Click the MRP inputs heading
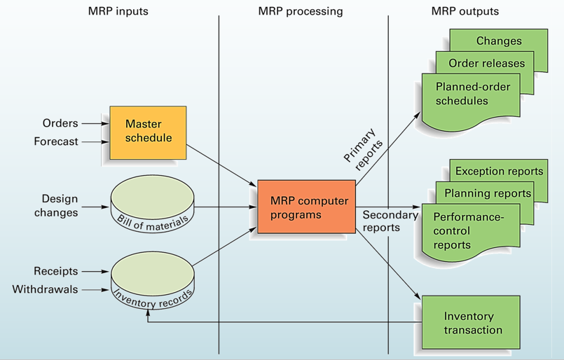118,11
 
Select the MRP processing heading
301,11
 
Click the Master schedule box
148,131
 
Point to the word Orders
60,123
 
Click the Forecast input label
56,141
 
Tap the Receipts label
56,271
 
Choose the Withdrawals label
46,289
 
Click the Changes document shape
498,41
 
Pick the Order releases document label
486,63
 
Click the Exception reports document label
499,171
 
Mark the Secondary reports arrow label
390,221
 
